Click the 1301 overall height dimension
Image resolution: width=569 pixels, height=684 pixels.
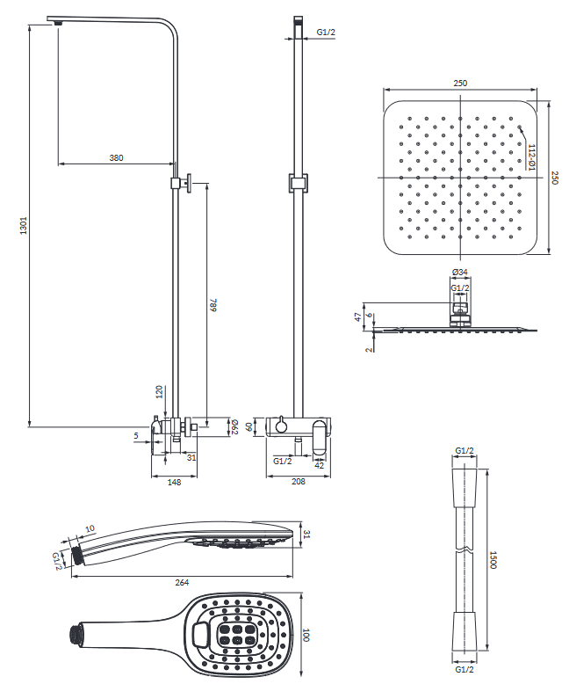[x=24, y=225]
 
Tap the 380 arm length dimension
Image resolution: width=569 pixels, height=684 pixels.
[x=116, y=157]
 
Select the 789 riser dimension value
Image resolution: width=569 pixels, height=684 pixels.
[x=213, y=305]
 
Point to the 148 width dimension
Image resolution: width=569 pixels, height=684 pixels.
[x=174, y=482]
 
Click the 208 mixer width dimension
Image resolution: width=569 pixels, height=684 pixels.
[x=299, y=481]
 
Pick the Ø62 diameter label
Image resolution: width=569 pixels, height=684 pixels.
[x=234, y=426]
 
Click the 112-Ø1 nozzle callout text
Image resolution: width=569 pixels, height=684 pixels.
[x=532, y=157]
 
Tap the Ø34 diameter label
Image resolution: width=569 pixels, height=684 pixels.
[x=460, y=272]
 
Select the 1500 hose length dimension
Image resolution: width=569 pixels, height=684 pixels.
[x=493, y=560]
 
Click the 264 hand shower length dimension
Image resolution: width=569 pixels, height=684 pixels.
[x=182, y=582]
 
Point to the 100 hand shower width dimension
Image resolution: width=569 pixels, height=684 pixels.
[x=306, y=635]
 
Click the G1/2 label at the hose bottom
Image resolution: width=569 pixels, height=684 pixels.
[x=465, y=669]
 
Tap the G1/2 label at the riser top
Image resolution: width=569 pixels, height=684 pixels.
[x=326, y=32]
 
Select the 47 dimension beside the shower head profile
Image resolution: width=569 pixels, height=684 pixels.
[x=358, y=317]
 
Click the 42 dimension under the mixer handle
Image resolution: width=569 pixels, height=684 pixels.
[x=320, y=465]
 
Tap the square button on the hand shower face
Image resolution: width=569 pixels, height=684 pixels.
[x=200, y=634]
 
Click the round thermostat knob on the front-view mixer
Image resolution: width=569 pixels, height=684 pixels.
[x=281, y=426]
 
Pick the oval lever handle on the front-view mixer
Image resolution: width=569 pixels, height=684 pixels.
[x=320, y=440]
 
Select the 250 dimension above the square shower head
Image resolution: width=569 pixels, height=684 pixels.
[x=460, y=83]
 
